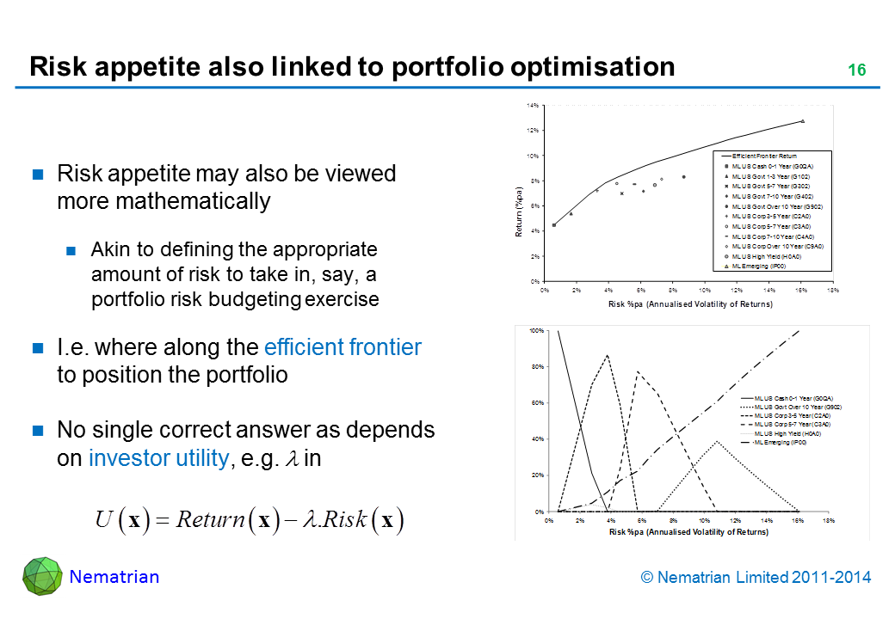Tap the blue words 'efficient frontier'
(x=343, y=347)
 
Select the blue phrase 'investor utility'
(x=159, y=458)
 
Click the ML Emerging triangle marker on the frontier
(x=802, y=121)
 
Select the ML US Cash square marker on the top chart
(x=554, y=225)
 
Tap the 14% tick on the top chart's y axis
(x=533, y=106)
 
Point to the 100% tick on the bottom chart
(x=534, y=331)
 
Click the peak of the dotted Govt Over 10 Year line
(x=717, y=441)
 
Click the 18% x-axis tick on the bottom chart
(x=829, y=521)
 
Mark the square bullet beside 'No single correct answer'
(x=38, y=429)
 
